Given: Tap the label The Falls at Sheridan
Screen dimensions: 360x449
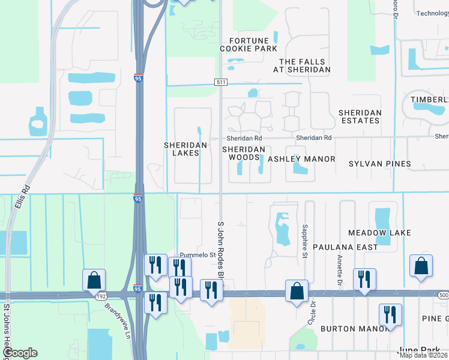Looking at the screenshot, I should point(305,66).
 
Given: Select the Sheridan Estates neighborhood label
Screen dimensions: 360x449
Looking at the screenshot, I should point(359,116).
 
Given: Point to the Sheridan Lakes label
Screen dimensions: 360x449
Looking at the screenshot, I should point(185,149).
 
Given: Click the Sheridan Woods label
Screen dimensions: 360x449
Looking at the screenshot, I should point(244,153).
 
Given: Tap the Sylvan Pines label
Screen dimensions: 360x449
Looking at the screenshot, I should point(381,164).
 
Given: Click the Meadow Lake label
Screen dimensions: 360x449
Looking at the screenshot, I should point(379,232).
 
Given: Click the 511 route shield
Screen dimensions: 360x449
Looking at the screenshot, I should point(220,82).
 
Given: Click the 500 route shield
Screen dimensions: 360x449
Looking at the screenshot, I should point(443,295).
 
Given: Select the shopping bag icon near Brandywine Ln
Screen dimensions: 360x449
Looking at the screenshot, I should point(94,280).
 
